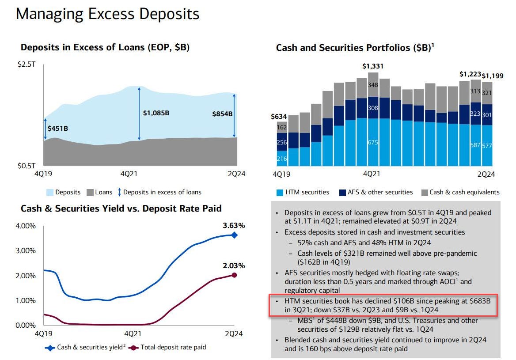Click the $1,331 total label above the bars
click(373, 66)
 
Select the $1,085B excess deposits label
click(156, 113)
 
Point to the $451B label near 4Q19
click(57, 129)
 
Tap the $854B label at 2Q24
click(222, 114)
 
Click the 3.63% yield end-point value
click(233, 226)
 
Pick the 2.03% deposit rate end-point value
click(233, 265)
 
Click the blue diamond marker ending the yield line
click(234, 235)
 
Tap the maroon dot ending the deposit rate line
click(234, 275)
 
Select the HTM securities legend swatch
click(279, 192)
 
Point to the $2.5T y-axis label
click(26, 64)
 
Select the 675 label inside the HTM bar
click(373, 142)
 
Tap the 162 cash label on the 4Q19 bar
click(281, 127)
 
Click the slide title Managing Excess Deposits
click(107, 14)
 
